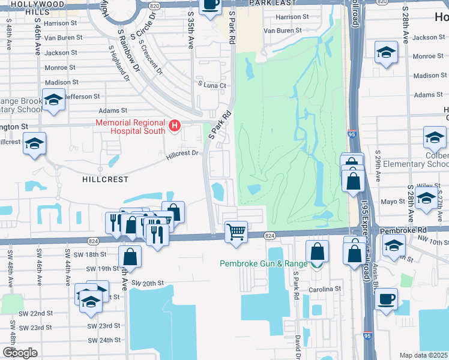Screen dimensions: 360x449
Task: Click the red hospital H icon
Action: tap(175, 125)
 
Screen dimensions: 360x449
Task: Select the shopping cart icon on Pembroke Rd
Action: tap(237, 231)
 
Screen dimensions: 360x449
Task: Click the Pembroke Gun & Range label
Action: tap(263, 263)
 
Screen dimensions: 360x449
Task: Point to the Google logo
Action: tap(20, 353)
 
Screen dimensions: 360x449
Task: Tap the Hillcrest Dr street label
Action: tap(182, 154)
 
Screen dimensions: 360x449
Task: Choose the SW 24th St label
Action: tap(104, 340)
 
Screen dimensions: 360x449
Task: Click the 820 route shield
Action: tap(155, 4)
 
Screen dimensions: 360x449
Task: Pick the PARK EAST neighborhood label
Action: tap(275, 4)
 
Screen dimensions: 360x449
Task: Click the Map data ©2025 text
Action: tap(423, 355)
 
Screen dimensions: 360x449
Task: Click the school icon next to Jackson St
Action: tap(387, 52)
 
